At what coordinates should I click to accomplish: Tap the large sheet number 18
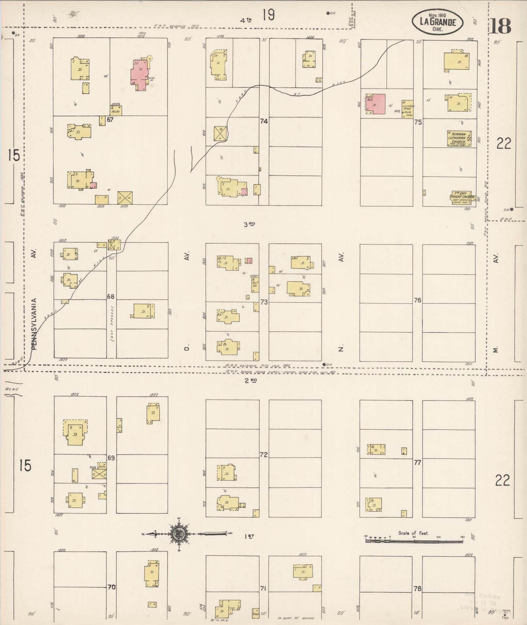pos(500,26)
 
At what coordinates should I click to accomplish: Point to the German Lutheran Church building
pos(459,138)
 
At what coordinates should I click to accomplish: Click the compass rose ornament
pos(179,534)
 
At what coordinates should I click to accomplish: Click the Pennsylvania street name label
pos(35,324)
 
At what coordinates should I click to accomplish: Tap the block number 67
pos(110,120)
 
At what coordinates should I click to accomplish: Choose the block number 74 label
pos(264,121)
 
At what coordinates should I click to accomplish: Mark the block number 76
pos(418,300)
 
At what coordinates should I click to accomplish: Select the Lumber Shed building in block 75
pos(408,109)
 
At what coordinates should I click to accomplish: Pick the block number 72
pos(264,454)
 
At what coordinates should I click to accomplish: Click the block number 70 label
pos(111,587)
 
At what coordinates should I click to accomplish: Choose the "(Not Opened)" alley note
pos(112,323)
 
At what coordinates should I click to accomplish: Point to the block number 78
pos(417,589)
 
